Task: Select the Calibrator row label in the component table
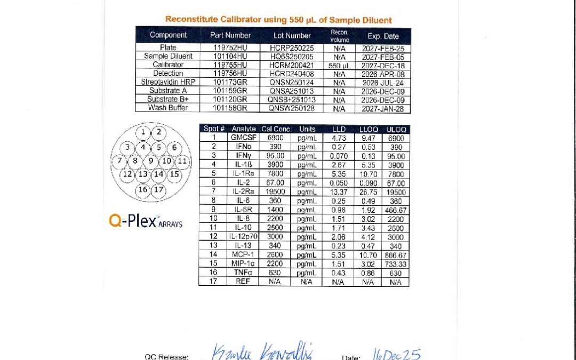point(168,65)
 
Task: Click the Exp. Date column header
point(383,36)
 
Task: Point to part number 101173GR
point(230,82)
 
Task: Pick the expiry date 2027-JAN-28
point(383,108)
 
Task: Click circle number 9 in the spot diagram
point(151,160)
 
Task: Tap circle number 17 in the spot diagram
point(158,189)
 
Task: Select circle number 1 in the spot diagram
point(143,132)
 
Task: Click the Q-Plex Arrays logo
point(146,221)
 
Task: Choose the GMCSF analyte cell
point(241,138)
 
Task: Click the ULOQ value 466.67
point(395,210)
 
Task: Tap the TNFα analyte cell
point(241,273)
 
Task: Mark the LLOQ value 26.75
point(367,192)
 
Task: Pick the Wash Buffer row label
point(168,108)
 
